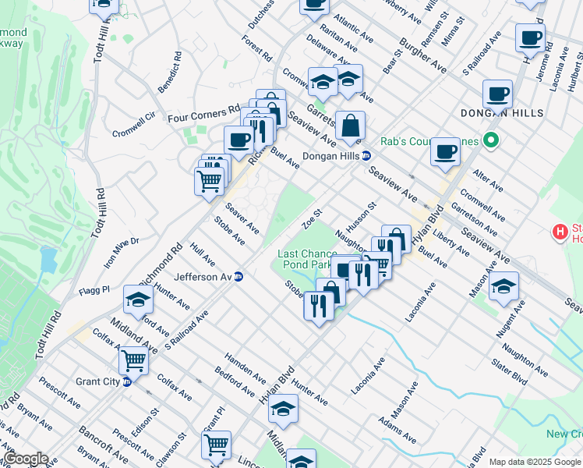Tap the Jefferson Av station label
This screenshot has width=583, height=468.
click(x=204, y=277)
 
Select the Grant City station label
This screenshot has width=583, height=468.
click(x=98, y=381)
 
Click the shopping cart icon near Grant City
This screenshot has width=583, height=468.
click(x=133, y=360)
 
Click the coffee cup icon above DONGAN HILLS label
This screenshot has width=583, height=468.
click(x=496, y=94)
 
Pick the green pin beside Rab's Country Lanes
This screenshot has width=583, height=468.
click(x=490, y=141)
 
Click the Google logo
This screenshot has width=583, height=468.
click(x=26, y=459)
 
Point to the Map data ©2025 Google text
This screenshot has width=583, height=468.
click(x=534, y=462)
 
